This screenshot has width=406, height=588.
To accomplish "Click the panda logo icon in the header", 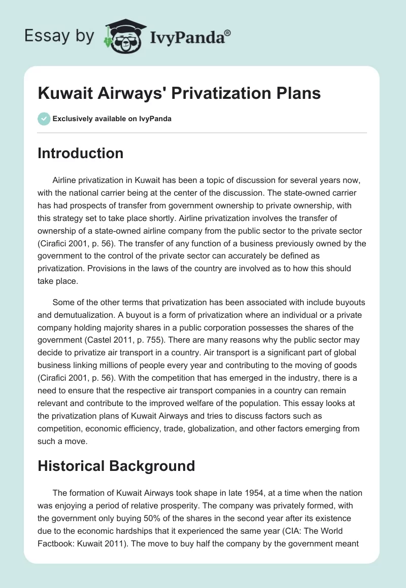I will [x=123, y=35].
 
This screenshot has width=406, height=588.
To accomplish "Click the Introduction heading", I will [x=80, y=153].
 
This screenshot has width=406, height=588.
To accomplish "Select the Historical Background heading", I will [x=116, y=466].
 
